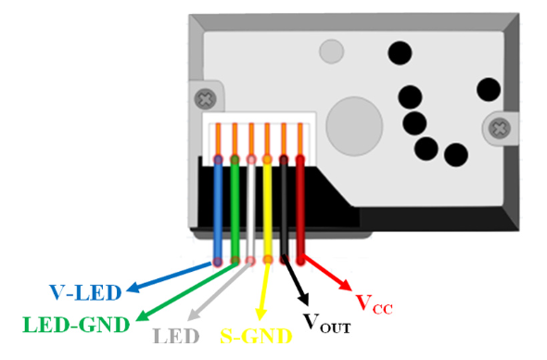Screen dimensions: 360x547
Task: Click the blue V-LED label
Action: pyautogui.click(x=85, y=294)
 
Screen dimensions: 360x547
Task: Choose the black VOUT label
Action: pyautogui.click(x=327, y=322)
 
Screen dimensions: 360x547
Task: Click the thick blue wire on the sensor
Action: pyautogui.click(x=218, y=209)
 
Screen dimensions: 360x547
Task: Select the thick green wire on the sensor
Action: pyautogui.click(x=235, y=209)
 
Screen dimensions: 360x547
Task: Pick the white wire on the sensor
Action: pyautogui.click(x=251, y=209)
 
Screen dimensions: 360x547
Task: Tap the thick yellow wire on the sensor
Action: pyautogui.click(x=268, y=209)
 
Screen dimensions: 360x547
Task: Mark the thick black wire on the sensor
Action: pyautogui.click(x=285, y=209)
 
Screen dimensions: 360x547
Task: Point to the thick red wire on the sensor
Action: pyautogui.click(x=300, y=209)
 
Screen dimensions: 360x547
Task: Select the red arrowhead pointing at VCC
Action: pyautogui.click(x=347, y=285)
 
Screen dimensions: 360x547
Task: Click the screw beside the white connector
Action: pyautogui.click(x=202, y=96)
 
